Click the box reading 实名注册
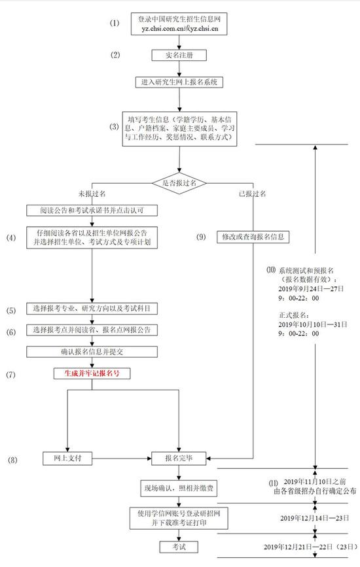179,56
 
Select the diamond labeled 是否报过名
179,183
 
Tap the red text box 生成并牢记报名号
92,373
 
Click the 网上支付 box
67,458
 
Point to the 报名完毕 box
179,458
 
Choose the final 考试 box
179,547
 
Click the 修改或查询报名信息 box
253,237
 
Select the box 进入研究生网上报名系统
179,82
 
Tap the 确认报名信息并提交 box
92,352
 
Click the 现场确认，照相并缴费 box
179,489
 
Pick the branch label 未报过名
92,194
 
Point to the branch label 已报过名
252,194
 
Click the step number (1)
115,23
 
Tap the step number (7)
10,375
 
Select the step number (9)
201,237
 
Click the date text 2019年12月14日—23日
314,518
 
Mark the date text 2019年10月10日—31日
313,324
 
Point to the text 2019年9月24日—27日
311,288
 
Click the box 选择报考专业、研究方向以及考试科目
92,309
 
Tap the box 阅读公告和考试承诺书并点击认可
92,211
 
